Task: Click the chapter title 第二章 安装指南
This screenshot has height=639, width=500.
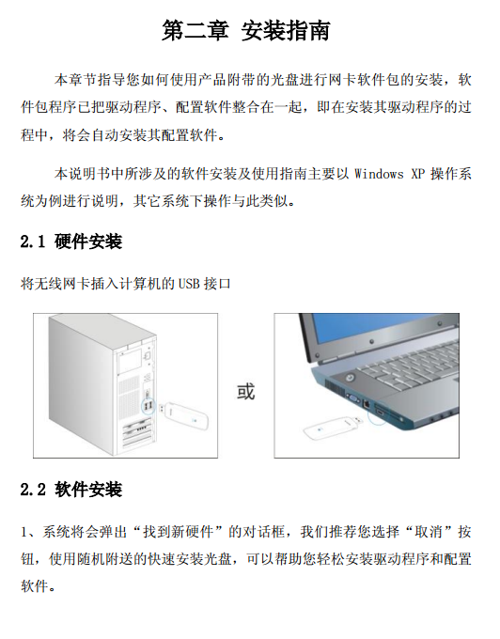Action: pyautogui.click(x=245, y=30)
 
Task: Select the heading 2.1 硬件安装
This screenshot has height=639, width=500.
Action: pyautogui.click(x=71, y=242)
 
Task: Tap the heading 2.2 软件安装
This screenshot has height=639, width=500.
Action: pyautogui.click(x=71, y=489)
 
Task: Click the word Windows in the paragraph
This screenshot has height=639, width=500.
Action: pyautogui.click(x=379, y=174)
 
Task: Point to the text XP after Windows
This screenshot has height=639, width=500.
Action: pyautogui.click(x=418, y=174)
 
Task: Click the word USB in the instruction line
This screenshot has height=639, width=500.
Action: pyautogui.click(x=189, y=283)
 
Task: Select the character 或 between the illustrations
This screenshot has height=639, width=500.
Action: pyautogui.click(x=245, y=391)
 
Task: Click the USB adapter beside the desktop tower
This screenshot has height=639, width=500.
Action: pyautogui.click(x=183, y=414)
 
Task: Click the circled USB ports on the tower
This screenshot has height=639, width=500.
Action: pyautogui.click(x=148, y=406)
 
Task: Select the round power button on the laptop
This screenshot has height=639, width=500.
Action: pyautogui.click(x=350, y=378)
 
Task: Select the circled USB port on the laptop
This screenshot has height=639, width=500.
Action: pyautogui.click(x=378, y=413)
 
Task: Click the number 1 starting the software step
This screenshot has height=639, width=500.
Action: pyautogui.click(x=24, y=532)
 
